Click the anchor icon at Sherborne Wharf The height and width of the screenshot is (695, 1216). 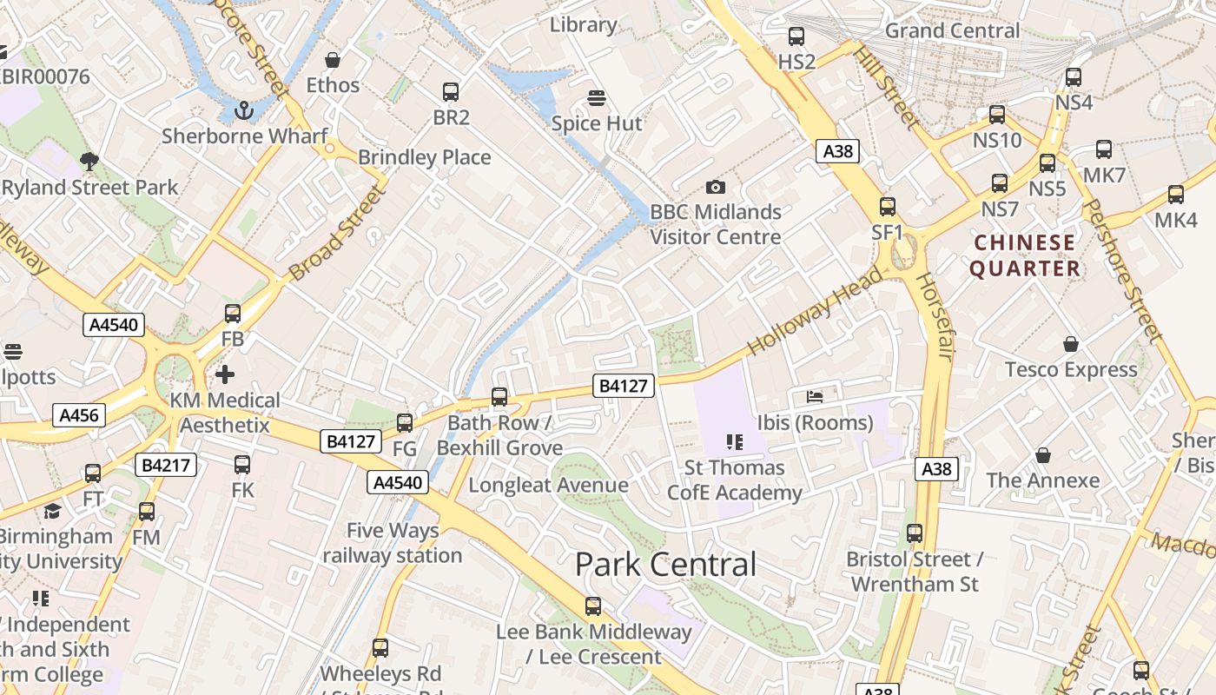click(x=244, y=110)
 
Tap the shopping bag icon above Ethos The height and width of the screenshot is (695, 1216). click(x=332, y=60)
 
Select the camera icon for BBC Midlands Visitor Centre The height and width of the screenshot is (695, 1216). click(x=715, y=187)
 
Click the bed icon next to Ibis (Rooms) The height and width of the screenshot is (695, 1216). click(x=815, y=397)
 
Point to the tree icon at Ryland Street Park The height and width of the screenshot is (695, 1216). click(x=89, y=161)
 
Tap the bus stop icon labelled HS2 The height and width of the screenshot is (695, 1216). click(x=796, y=36)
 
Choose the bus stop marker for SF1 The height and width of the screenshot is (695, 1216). click(x=887, y=207)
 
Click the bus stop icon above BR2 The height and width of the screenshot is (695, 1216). click(x=450, y=92)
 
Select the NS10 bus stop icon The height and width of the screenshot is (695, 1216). click(x=996, y=115)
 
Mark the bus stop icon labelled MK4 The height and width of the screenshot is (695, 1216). click(x=1175, y=195)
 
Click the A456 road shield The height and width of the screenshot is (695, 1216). click(x=80, y=415)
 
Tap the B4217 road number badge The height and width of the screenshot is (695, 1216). click(x=167, y=466)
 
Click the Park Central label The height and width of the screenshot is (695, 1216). click(x=665, y=565)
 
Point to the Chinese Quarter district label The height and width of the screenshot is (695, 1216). click(x=1025, y=255)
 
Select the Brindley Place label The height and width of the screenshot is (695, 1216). click(x=425, y=157)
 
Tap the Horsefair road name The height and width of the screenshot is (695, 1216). click(x=936, y=317)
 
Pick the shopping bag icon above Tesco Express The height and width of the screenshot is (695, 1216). click(x=1070, y=344)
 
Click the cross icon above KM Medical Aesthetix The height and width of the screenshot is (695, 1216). click(x=225, y=374)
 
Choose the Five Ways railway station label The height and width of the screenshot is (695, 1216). click(x=393, y=543)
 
